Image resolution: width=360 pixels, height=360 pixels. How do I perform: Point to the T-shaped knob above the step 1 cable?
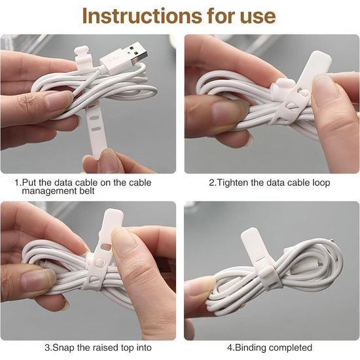[82, 54]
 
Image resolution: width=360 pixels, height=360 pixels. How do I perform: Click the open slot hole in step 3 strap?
[106, 247]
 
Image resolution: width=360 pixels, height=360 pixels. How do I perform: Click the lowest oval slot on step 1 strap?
[95, 129]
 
